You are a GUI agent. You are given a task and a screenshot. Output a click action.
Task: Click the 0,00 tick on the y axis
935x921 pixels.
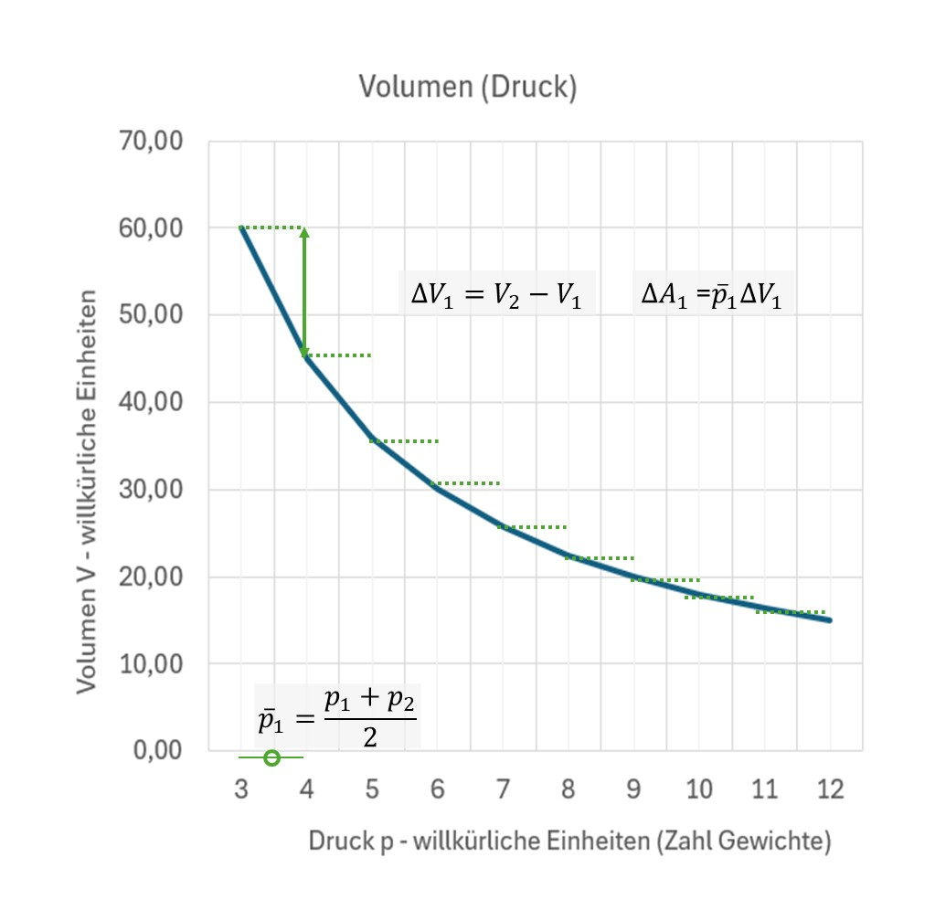coord(158,751)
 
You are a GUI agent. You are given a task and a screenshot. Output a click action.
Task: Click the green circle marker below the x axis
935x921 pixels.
coord(271,757)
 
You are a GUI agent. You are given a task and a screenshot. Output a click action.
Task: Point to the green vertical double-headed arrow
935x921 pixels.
coord(304,291)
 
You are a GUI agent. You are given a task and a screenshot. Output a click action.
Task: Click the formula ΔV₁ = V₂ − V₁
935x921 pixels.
coord(496,295)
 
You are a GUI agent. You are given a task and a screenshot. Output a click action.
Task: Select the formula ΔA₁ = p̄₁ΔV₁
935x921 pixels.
coord(713,294)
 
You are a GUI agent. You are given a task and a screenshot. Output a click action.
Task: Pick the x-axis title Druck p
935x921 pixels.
coord(568,841)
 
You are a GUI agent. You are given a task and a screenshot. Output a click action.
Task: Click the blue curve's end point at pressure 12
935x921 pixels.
coord(830,620)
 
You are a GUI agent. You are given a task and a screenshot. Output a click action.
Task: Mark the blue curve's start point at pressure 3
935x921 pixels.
coord(241,228)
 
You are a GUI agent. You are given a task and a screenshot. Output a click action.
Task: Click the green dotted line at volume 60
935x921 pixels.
coord(272,228)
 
